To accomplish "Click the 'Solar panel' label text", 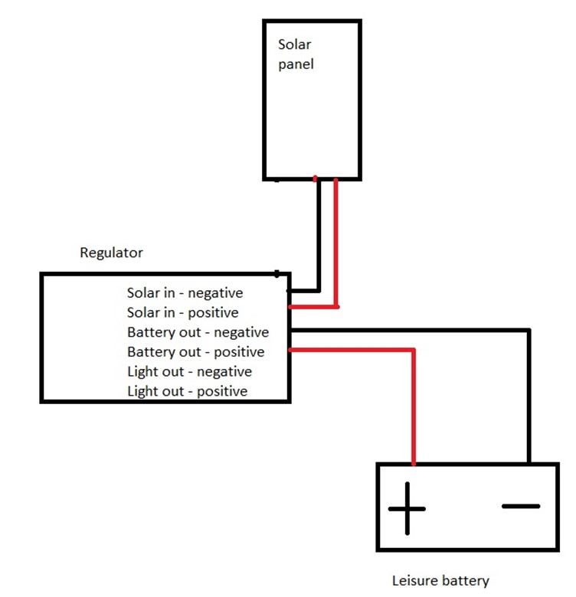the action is point(296,54).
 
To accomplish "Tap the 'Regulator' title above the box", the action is point(111,253).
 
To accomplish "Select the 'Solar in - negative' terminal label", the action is point(185,293).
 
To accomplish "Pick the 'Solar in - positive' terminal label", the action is point(183,312).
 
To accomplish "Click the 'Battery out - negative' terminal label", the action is point(198,332).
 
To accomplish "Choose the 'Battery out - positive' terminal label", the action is point(196,352).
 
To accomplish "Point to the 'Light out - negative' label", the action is point(190,372).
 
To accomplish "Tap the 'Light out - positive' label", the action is point(188,391).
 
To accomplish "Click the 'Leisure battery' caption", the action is point(440,581).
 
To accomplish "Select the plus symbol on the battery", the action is point(407,509).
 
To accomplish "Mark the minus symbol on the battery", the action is point(521,507).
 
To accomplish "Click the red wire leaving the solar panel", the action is point(336,243).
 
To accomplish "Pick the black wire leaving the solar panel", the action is point(319,236).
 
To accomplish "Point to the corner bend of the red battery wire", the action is point(414,350).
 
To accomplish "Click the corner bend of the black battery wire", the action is point(529,331).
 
